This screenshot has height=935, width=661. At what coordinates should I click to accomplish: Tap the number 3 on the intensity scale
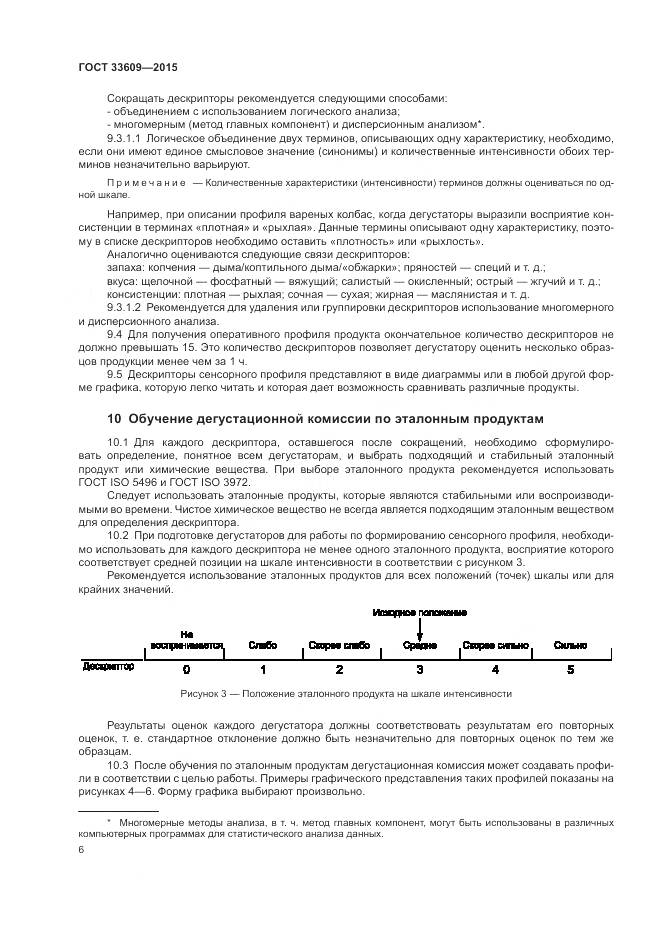[x=419, y=669]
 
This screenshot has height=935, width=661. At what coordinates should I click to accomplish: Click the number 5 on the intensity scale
[x=570, y=669]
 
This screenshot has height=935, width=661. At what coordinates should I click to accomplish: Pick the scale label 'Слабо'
[x=262, y=645]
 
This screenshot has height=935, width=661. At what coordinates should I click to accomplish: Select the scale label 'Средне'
[x=419, y=645]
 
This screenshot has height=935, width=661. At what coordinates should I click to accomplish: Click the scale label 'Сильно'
[x=570, y=645]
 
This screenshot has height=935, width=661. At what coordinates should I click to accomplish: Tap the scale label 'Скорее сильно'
[x=495, y=645]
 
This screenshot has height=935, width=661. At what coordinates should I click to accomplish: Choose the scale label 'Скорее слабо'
[x=339, y=645]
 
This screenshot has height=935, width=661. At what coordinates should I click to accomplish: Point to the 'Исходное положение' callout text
[x=420, y=611]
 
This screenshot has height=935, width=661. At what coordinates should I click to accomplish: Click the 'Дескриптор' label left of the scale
[x=107, y=664]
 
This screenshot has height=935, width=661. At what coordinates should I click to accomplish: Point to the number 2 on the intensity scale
[x=339, y=669]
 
